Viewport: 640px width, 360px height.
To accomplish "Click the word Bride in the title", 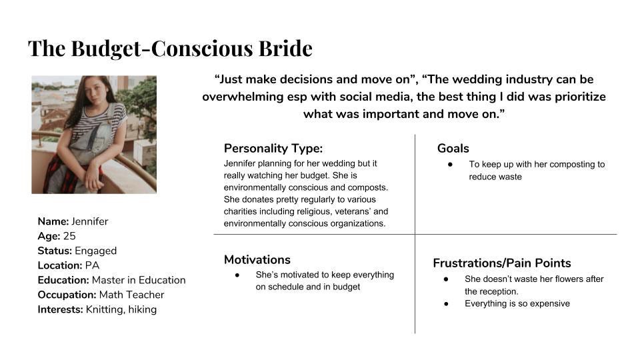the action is [285, 48].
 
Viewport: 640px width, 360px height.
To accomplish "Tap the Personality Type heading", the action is [273, 148].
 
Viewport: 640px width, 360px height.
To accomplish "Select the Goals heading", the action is [453, 148].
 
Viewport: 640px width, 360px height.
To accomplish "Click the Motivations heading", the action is [257, 259].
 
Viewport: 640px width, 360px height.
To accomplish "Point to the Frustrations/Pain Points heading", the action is [502, 263].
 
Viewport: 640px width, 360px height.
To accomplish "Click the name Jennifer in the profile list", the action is [90, 221].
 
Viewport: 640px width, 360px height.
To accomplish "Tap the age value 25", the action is [69, 236].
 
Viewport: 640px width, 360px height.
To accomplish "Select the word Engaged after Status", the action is [96, 251].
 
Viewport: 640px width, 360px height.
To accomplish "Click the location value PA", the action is [92, 265].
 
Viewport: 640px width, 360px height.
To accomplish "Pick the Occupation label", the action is [67, 295].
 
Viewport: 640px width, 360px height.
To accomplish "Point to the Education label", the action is [63, 280].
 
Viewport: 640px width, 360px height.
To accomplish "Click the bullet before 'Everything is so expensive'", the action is [446, 304].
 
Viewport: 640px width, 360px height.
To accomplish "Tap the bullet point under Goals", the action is [450, 165].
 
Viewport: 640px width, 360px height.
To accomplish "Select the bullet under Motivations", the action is [237, 275].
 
